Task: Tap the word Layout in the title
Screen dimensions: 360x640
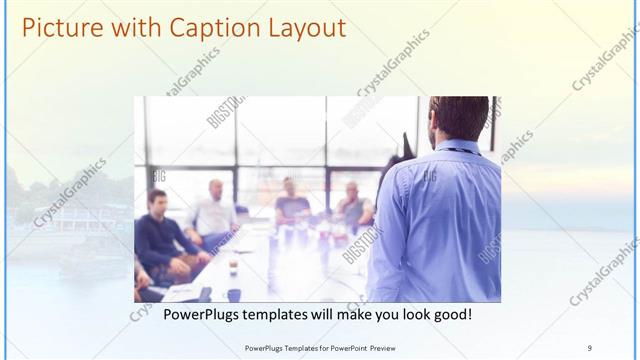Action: pyautogui.click(x=300, y=27)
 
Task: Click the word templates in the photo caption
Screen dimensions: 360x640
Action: pyautogui.click(x=286, y=315)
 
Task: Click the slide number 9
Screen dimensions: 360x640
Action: pyautogui.click(x=589, y=347)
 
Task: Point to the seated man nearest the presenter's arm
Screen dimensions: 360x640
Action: pyautogui.click(x=353, y=205)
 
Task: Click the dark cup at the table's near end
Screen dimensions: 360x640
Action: pyautogui.click(x=233, y=294)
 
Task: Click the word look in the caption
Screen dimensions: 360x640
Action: pyautogui.click(x=397, y=315)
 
